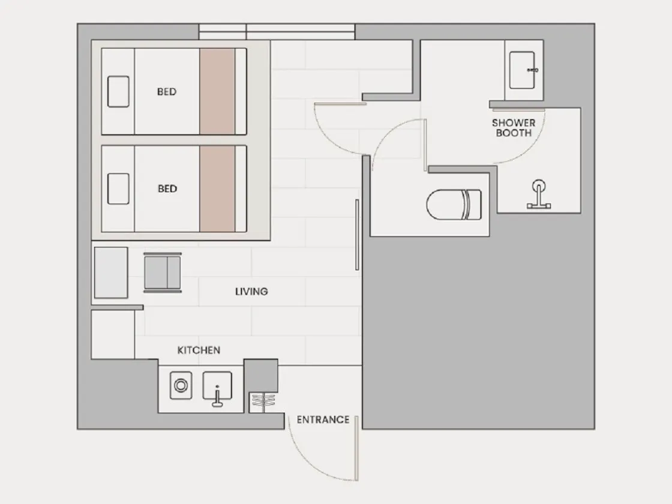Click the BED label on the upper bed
tap(167, 92)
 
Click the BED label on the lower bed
tap(167, 188)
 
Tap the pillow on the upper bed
tap(118, 91)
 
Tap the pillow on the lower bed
tap(118, 188)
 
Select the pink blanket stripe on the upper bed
tap(217, 91)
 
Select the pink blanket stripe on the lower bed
tap(217, 188)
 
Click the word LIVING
tap(251, 292)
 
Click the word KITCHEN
tap(199, 350)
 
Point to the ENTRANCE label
tap(323, 419)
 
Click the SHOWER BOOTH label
tap(514, 128)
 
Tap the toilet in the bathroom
tap(454, 205)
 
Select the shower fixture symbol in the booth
tap(539, 194)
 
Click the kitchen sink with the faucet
tap(217, 388)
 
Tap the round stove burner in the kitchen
tap(181, 385)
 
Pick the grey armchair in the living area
tap(163, 272)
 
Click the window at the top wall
tap(277, 32)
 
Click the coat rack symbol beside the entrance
tap(263, 403)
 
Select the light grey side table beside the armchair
tap(111, 272)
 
